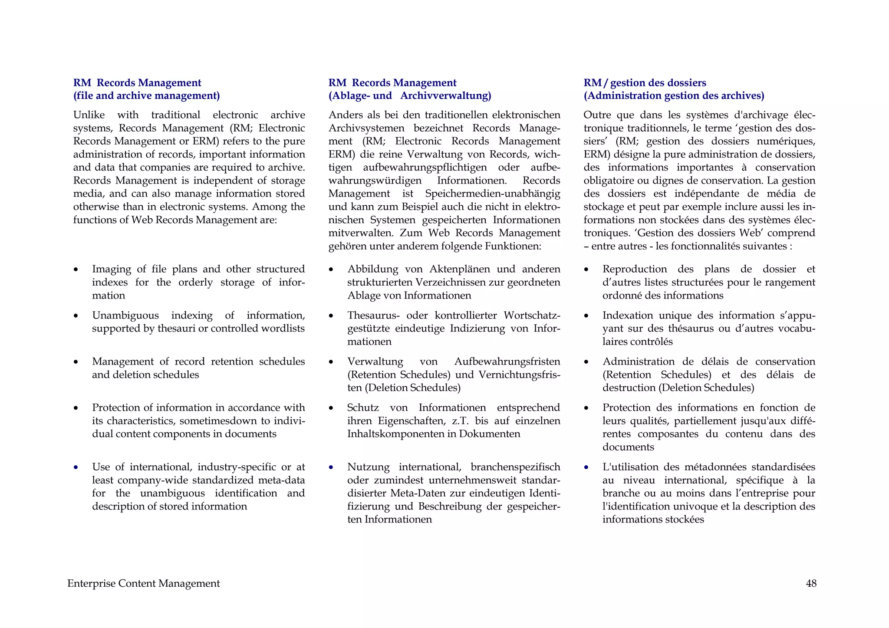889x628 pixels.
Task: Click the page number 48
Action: (x=811, y=583)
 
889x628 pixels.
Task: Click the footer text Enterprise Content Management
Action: (x=143, y=583)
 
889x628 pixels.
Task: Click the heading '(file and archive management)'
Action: (x=146, y=95)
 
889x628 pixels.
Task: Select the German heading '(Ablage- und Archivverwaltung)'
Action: (x=409, y=95)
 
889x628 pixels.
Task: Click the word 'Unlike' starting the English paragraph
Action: (x=89, y=115)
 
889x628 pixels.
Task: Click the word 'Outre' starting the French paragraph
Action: (x=597, y=115)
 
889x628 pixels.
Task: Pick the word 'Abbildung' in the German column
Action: (x=372, y=269)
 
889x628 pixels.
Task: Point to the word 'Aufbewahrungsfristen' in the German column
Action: (x=507, y=362)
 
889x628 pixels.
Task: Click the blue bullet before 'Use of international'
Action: (x=76, y=467)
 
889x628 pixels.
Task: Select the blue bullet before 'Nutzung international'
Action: (x=331, y=467)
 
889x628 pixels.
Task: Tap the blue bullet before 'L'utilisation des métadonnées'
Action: (x=586, y=467)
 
